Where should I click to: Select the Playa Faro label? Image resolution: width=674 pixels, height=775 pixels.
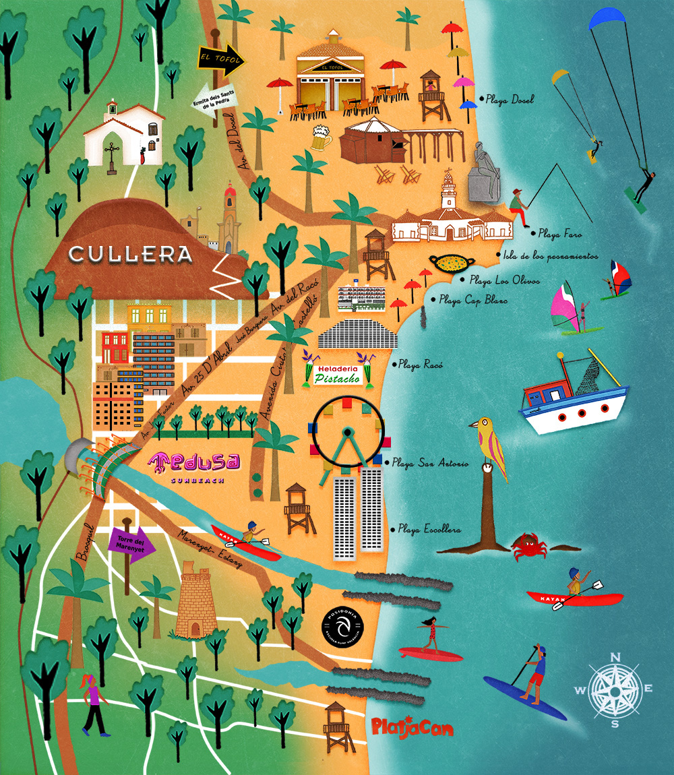[x=559, y=234]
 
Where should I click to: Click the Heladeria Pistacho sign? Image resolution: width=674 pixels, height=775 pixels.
[x=338, y=375]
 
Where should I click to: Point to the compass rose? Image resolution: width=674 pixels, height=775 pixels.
[x=614, y=690]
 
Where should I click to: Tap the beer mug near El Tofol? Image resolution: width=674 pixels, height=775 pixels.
[x=321, y=139]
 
